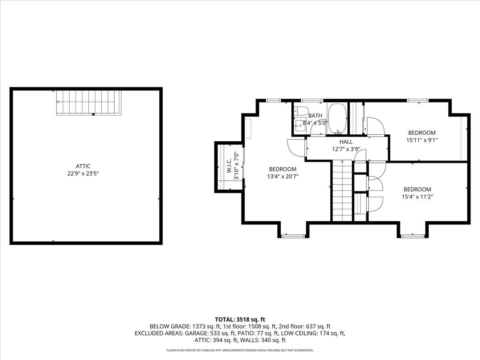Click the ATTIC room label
pos(83,166)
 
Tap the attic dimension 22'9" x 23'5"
pos(83,174)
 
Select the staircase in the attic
pos(89,103)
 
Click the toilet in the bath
pos(299,111)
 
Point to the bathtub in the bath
pos(338,118)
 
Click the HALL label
pos(346,142)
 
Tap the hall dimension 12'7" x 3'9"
pos(346,149)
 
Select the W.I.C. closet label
pos(229,166)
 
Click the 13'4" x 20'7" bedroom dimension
pos(283,176)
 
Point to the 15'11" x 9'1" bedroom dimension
pos(422,140)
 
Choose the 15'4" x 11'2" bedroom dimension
pos(417,197)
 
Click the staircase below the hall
pos(342,191)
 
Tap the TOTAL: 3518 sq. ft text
pos(240,319)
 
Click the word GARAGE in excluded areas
pos(196,333)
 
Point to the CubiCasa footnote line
pos(240,350)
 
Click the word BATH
pos(315,116)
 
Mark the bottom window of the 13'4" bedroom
pos(293,236)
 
